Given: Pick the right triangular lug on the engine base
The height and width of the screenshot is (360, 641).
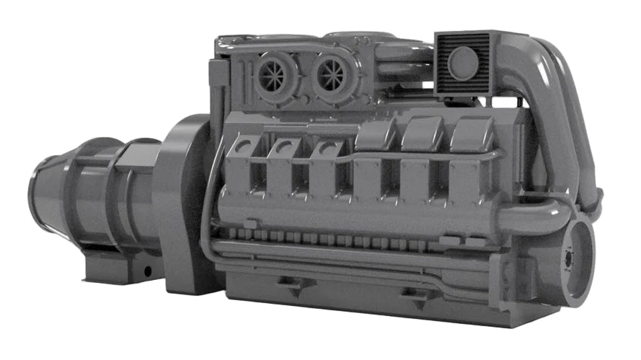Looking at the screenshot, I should [417, 294].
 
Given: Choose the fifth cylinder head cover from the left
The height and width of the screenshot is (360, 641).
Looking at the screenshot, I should [423, 134].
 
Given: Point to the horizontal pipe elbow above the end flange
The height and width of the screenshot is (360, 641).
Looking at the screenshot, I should [537, 216].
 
